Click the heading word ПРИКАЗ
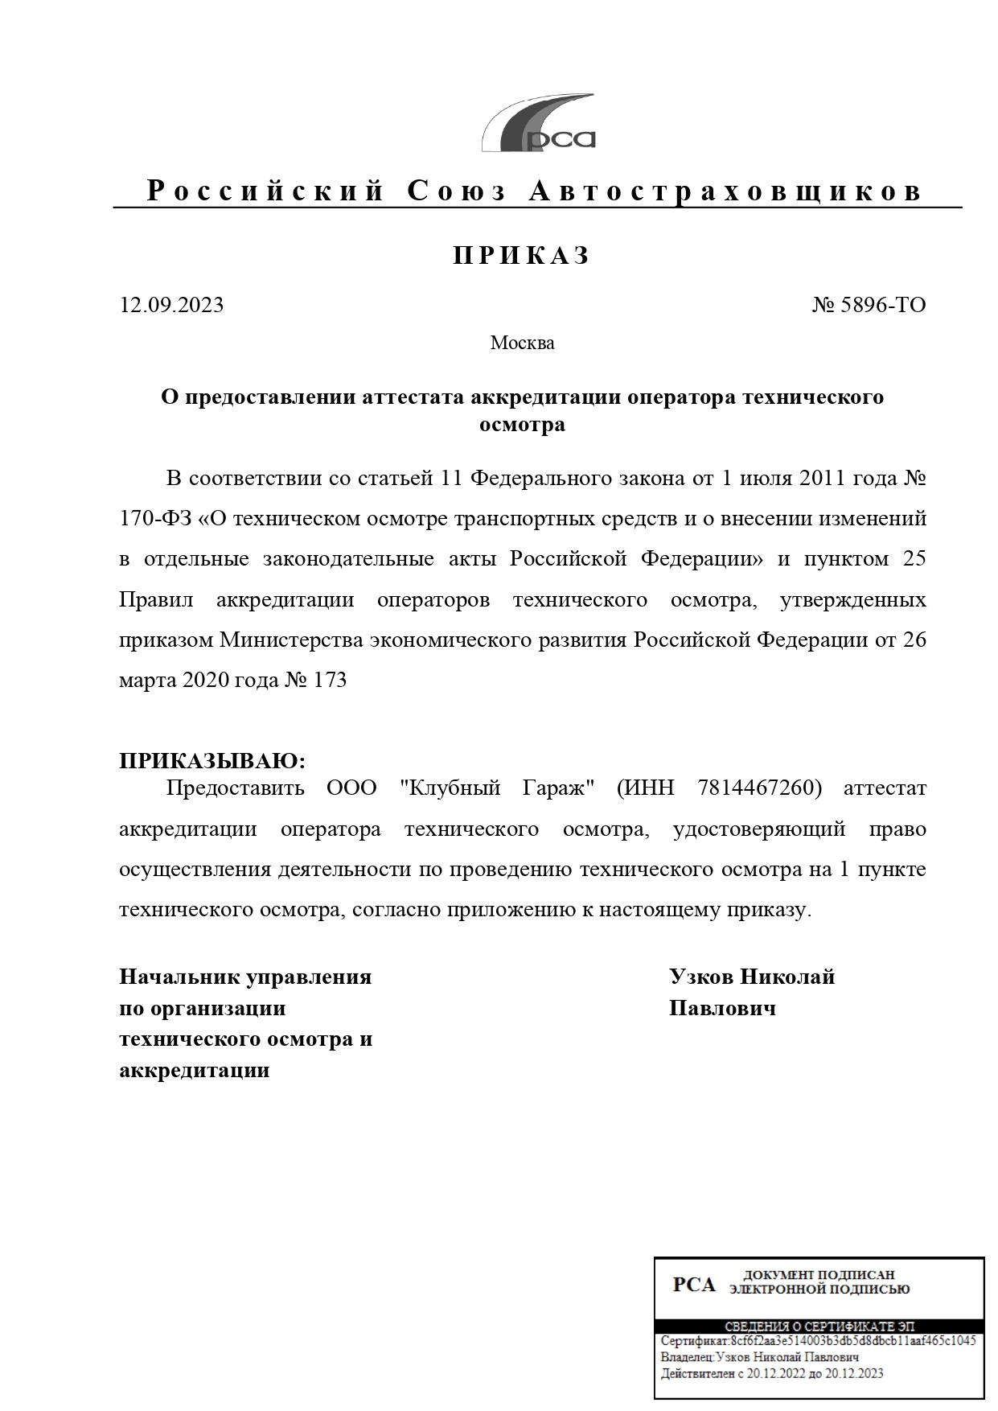point(522,256)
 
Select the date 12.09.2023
point(171,306)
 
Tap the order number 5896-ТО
point(883,306)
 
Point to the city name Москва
point(522,343)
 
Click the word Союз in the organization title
point(458,191)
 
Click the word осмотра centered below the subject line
point(522,425)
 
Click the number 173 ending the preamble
point(330,681)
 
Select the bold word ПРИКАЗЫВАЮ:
point(212,761)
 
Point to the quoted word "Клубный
point(450,788)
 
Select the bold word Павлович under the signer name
point(722,1009)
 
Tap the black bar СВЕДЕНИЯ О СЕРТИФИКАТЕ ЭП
point(819,1326)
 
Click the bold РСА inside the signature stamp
point(693,1285)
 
